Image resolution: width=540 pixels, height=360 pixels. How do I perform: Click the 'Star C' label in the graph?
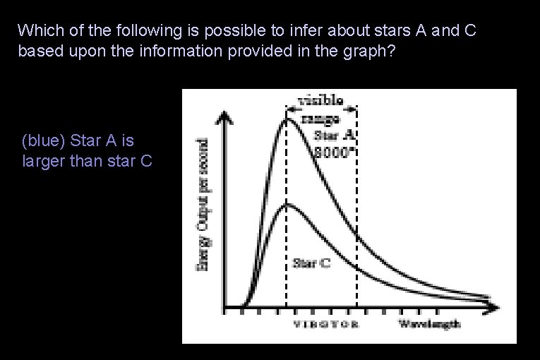(x=311, y=263)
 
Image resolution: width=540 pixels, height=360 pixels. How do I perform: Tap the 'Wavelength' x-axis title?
(x=429, y=324)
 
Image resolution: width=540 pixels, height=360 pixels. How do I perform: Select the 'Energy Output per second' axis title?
(x=202, y=203)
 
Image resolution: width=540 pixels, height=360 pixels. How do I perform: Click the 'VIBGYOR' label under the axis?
(x=325, y=325)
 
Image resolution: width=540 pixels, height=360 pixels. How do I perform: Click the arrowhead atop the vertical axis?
(x=224, y=115)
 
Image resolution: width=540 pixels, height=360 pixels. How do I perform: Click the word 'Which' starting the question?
(x=37, y=30)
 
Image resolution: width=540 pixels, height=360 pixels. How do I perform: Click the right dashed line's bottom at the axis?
(x=356, y=307)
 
